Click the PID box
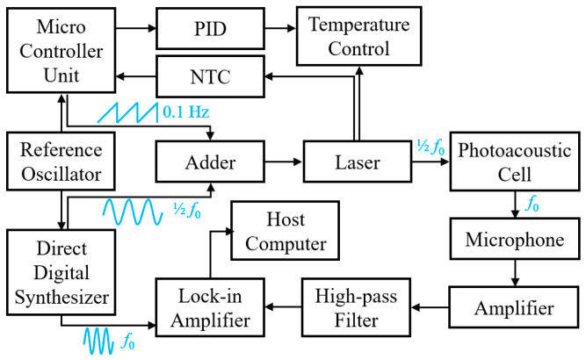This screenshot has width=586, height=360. tap(210, 28)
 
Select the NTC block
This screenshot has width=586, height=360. tap(210, 76)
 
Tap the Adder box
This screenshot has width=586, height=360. tap(210, 162)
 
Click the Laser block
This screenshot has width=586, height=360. tap(358, 162)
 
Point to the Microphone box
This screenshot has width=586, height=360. tap(515, 239)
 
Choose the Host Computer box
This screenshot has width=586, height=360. tap(286, 231)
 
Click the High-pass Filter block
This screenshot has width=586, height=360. tap(356, 307)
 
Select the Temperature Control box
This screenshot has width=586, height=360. tap(358, 36)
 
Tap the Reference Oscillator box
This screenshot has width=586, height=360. tap(61, 162)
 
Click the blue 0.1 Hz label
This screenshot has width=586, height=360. tap(185, 112)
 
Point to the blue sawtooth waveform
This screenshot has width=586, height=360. tap(127, 112)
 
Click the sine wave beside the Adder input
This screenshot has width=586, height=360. tap(133, 212)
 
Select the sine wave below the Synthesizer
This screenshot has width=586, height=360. tap(98, 341)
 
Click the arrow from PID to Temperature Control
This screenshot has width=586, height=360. tap(280, 28)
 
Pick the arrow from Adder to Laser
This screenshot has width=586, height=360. tap(284, 162)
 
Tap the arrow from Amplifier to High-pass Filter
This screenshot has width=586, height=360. tap(430, 307)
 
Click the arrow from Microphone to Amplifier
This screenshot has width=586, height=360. tap(515, 273)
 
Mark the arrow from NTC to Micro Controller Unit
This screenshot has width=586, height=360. tap(135, 76)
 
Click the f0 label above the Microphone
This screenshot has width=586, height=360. tap(532, 204)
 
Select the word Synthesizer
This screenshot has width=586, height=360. tap(61, 298)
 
